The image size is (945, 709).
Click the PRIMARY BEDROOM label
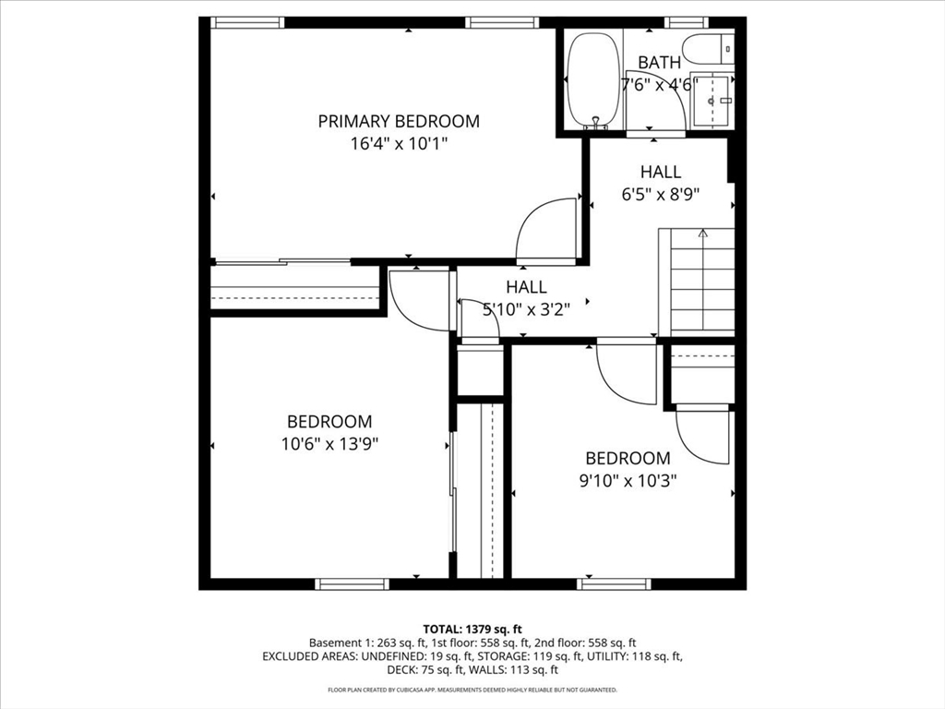tap(399, 121)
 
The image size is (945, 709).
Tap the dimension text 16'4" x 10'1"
tap(399, 144)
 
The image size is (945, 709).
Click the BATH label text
tap(660, 63)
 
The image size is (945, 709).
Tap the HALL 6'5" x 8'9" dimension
tap(660, 195)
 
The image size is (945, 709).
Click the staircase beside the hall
tap(702, 286)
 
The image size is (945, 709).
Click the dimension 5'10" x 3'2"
tap(526, 310)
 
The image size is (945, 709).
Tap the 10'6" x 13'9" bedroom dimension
tap(329, 443)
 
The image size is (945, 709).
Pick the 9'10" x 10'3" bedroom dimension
tap(628, 480)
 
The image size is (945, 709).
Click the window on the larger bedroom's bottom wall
tap(352, 583)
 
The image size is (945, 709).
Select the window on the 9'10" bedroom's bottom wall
tap(614, 583)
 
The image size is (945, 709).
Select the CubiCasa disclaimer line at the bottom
tap(472, 690)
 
